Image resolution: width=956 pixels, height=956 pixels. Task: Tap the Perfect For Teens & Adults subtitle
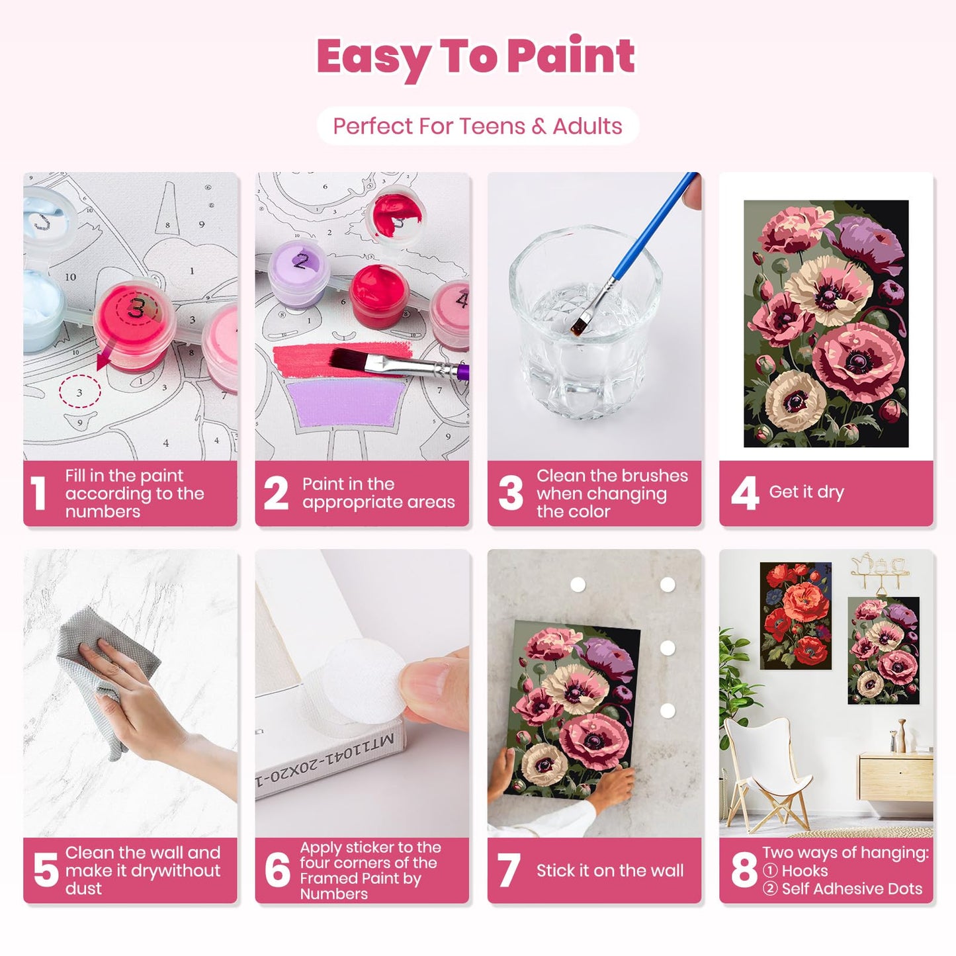pos(477,126)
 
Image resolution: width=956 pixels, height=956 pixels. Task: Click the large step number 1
pos(39,494)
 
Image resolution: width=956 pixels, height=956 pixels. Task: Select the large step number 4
pos(744,494)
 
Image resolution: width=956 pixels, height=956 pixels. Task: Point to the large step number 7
pos(508,870)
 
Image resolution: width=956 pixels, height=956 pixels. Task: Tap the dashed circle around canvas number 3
pos(79,392)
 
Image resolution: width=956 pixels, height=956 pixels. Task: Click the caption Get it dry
pos(806,492)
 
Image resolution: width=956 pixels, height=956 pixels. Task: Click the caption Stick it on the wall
pos(609,871)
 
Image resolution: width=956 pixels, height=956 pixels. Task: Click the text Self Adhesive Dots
pos(851,889)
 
